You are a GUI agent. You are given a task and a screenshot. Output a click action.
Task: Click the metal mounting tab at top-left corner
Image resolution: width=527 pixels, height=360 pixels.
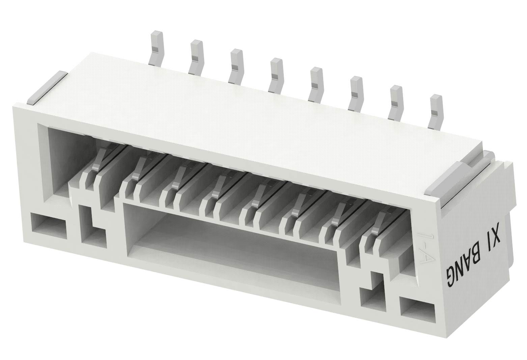(x=47, y=88)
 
